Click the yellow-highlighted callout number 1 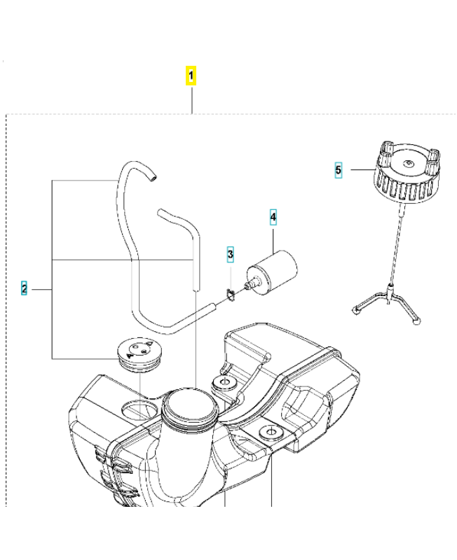coord(191,75)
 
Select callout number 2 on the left coord(24,288)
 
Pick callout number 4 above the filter coord(273,218)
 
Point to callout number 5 coord(339,169)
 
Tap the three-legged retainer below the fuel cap coord(388,301)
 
